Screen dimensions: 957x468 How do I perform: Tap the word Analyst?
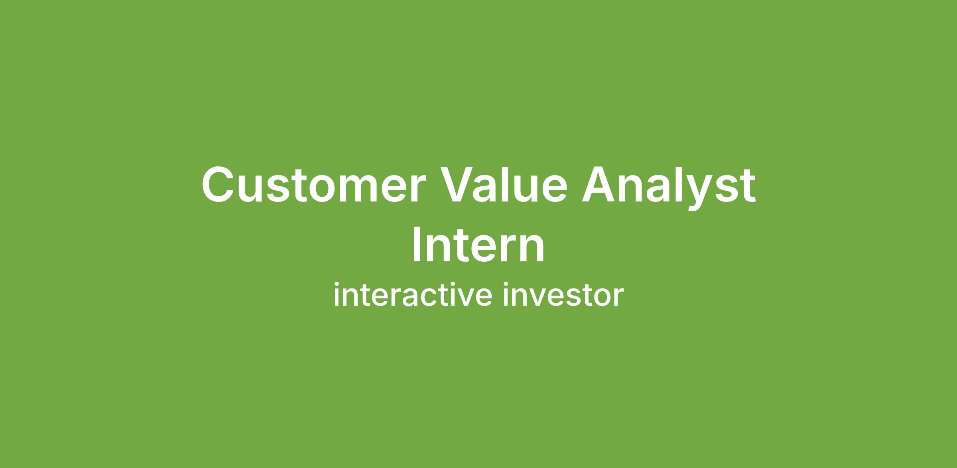click(x=668, y=188)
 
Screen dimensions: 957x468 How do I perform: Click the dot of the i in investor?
click(x=506, y=284)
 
